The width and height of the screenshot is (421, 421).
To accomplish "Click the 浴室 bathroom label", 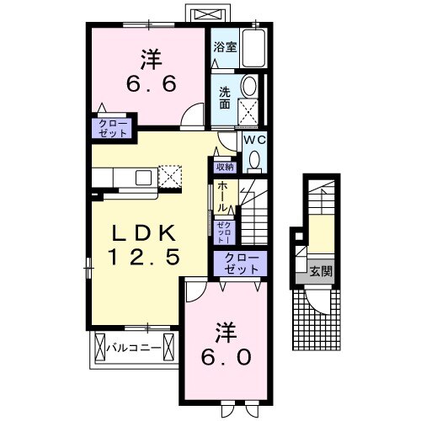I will (224, 48).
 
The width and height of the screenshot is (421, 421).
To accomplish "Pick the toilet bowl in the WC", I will (253, 159).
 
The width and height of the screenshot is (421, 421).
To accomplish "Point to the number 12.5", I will (143, 258).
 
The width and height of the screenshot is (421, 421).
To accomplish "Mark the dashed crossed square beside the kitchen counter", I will (173, 177).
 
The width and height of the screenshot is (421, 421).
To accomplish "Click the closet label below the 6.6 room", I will (112, 128).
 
